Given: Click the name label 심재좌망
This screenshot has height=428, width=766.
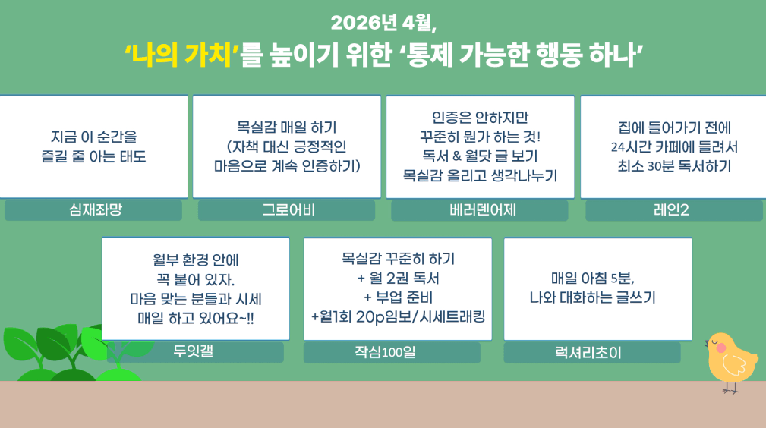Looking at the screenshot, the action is [95, 209].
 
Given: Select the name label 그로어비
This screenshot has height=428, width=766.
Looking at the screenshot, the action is [288, 210].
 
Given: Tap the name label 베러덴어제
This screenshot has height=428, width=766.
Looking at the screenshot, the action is [483, 210].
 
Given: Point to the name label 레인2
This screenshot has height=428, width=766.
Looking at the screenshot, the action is [671, 210].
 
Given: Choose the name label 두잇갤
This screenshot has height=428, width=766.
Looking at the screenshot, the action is [194, 351].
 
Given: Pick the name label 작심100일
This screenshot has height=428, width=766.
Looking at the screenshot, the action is [385, 352].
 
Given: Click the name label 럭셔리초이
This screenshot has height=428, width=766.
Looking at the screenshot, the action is [588, 352].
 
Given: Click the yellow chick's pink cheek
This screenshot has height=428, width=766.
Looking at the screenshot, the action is [720, 348].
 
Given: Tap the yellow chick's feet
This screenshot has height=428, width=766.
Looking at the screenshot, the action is [730, 388].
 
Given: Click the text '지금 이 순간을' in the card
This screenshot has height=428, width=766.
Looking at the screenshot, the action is [94, 137].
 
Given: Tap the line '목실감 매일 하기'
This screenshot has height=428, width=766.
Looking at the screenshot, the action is [287, 127].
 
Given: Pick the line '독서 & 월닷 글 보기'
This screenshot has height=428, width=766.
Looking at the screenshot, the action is [480, 156].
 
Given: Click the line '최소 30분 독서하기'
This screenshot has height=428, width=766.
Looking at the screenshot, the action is [674, 166].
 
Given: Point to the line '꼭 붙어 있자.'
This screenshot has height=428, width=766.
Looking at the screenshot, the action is [195, 279].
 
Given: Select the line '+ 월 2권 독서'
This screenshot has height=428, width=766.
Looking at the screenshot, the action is [398, 278].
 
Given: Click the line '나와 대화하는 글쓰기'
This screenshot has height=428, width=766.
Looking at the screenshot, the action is [593, 297].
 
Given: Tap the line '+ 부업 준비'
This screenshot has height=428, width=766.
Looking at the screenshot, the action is [398, 297].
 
